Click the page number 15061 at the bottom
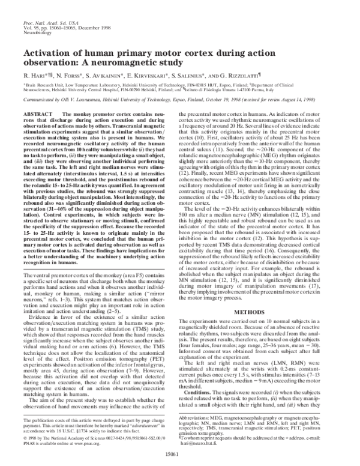point(179,457)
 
